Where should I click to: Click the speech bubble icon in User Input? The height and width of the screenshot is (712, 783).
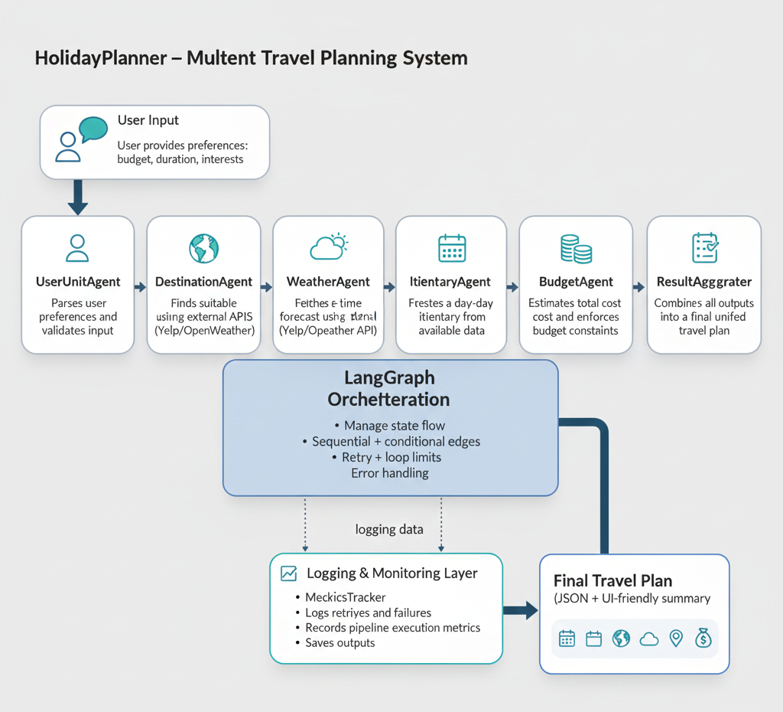(x=93, y=129)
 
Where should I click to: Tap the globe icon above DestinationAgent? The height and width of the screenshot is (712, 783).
(x=203, y=248)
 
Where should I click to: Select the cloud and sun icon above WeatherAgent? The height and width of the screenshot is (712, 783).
(x=329, y=247)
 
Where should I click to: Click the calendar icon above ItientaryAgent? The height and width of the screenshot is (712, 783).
(x=452, y=248)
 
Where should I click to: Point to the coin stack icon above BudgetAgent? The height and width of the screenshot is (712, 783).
(x=576, y=248)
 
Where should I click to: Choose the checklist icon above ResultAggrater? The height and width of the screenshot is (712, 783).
(x=704, y=248)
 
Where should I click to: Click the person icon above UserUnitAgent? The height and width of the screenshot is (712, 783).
(x=77, y=248)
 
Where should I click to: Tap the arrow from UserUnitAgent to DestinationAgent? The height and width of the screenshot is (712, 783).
(x=141, y=287)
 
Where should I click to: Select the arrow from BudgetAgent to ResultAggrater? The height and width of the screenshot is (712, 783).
(x=639, y=287)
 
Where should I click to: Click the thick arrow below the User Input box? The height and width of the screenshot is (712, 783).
(x=77, y=198)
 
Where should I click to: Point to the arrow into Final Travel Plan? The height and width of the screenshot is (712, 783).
(x=521, y=610)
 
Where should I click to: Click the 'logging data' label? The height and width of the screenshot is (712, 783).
(x=389, y=529)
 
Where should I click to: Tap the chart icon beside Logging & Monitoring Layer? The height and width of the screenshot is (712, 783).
(x=289, y=573)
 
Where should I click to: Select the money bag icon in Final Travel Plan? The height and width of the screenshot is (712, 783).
(x=703, y=639)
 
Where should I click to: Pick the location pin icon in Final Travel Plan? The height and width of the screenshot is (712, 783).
(x=676, y=639)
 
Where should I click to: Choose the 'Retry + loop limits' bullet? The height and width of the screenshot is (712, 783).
(x=391, y=457)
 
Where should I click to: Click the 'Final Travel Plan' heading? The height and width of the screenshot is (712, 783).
(x=612, y=581)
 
